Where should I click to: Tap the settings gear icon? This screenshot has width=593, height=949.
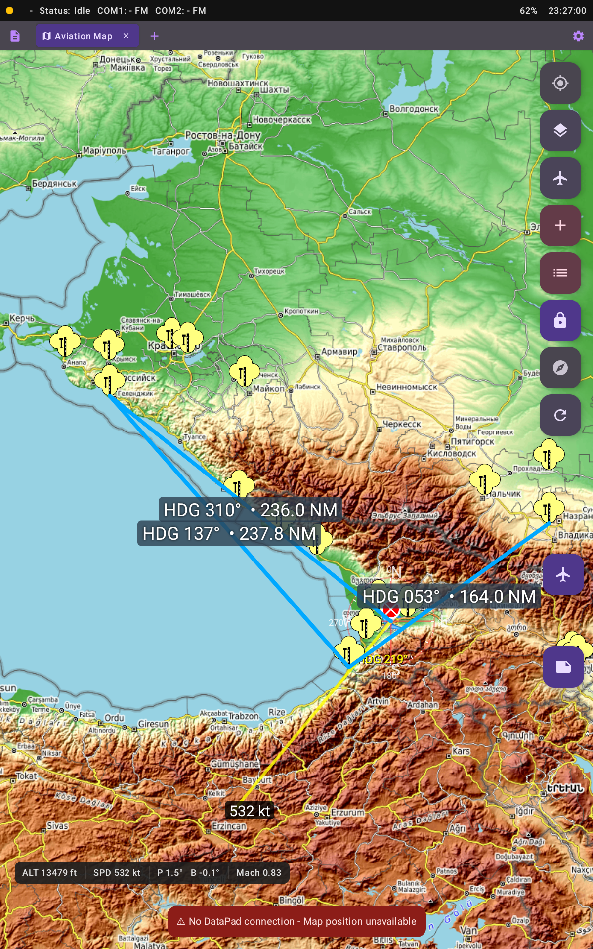click(578, 36)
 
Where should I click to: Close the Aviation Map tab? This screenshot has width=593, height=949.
click(126, 36)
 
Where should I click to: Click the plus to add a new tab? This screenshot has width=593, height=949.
click(154, 36)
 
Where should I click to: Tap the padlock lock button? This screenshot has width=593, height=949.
click(560, 320)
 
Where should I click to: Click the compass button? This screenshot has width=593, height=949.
click(560, 368)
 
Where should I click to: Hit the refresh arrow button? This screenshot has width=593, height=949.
click(560, 415)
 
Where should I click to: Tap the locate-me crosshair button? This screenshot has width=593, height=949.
click(560, 83)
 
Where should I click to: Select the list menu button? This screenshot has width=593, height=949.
click(560, 273)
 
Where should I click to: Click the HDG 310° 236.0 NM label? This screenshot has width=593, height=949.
click(250, 510)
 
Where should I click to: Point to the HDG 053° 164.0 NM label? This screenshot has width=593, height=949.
click(449, 597)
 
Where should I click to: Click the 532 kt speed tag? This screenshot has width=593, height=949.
click(250, 811)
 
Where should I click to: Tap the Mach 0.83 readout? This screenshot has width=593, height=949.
click(258, 873)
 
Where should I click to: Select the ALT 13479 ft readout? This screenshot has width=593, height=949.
click(49, 873)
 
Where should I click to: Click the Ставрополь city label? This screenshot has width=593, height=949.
click(402, 348)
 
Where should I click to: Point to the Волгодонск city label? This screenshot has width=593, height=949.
click(414, 109)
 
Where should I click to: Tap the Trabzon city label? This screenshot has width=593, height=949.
click(243, 716)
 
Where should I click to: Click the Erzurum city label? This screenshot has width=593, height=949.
click(347, 812)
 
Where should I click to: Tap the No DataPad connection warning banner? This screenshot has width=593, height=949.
click(296, 921)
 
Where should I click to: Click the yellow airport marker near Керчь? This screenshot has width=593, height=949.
click(65, 341)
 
